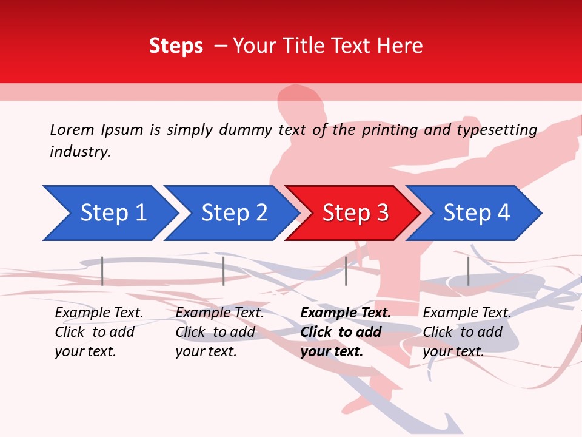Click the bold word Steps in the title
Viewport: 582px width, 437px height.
point(176,46)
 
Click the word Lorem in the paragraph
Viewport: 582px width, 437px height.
point(72,130)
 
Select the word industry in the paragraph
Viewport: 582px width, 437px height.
point(80,152)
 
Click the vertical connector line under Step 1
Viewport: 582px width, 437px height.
point(102,271)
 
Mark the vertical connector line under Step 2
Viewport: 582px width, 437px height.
point(224,271)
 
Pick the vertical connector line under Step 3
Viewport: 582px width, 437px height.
point(346,271)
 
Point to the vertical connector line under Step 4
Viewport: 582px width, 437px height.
point(468,271)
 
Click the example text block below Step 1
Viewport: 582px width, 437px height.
point(99,332)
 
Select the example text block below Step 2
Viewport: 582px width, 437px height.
point(219,332)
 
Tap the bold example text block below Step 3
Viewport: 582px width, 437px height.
point(346,332)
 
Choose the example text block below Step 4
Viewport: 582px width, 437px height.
point(467,332)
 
